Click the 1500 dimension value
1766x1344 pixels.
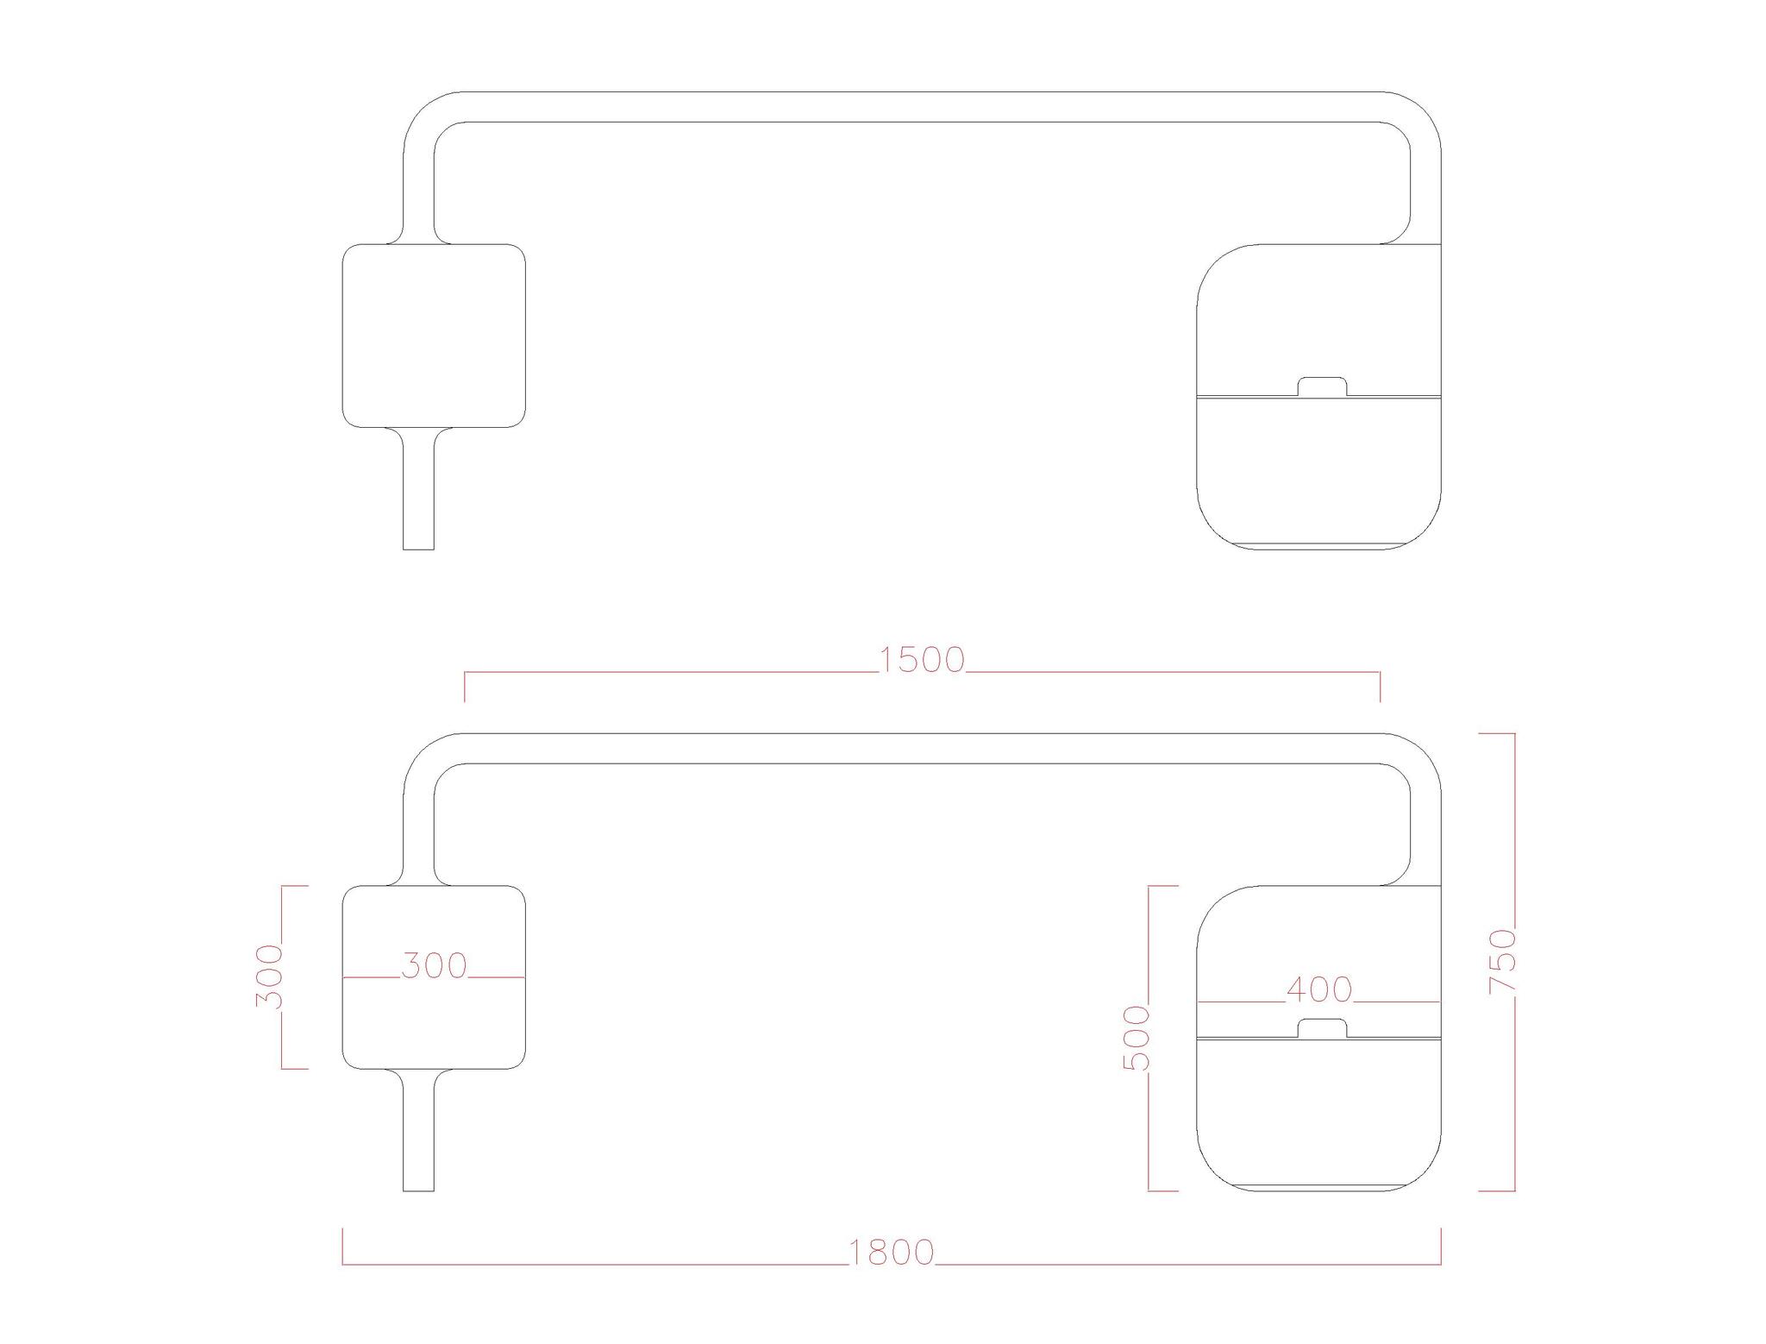pyautogui.click(x=921, y=660)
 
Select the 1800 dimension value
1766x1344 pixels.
pyautogui.click(x=892, y=1253)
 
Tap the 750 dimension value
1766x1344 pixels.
pyautogui.click(x=1503, y=961)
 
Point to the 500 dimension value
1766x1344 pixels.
pyautogui.click(x=1137, y=1038)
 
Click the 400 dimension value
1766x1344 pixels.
pyautogui.click(x=1319, y=990)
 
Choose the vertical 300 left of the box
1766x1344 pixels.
pyautogui.click(x=269, y=977)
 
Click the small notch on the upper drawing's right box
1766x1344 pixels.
pyautogui.click(x=1323, y=386)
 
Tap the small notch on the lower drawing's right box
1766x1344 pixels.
pyautogui.click(x=1323, y=1027)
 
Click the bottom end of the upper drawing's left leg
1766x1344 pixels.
pyautogui.click(x=419, y=549)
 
